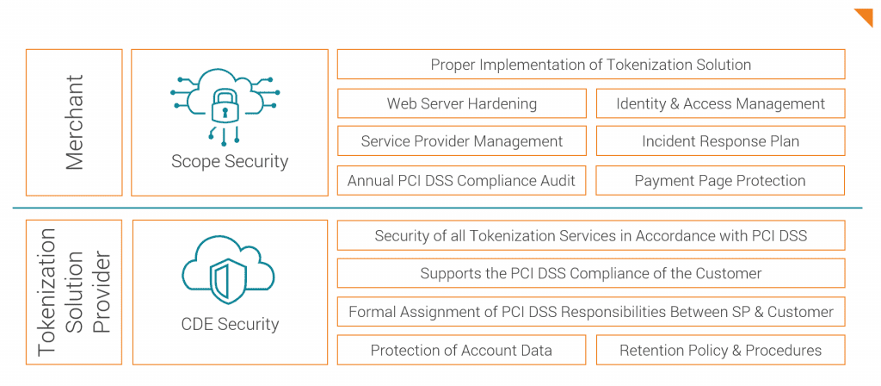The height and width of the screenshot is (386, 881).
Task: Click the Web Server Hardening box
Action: point(462,103)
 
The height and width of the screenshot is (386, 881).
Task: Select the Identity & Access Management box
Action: point(720,103)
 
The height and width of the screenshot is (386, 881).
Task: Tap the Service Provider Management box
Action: point(462,141)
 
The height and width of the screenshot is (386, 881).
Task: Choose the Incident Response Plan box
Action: point(720,141)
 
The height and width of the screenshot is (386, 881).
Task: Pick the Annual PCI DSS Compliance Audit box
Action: point(462,180)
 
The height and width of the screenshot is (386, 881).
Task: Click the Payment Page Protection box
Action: point(720,180)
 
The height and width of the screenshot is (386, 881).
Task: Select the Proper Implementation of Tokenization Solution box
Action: point(590,65)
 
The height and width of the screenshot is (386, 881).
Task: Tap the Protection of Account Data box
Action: point(462,350)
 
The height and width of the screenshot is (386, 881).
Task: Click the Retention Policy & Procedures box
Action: point(720,350)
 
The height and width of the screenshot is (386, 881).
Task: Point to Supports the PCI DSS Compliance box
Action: point(590,273)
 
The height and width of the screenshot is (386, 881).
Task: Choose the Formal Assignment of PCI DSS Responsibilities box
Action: point(590,311)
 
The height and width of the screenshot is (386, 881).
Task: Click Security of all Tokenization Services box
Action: point(590,235)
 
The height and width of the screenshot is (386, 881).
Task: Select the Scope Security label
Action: point(230,161)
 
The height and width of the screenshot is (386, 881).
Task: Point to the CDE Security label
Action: point(230,324)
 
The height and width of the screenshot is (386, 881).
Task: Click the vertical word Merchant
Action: point(75,121)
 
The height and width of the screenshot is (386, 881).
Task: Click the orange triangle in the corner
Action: point(865,16)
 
